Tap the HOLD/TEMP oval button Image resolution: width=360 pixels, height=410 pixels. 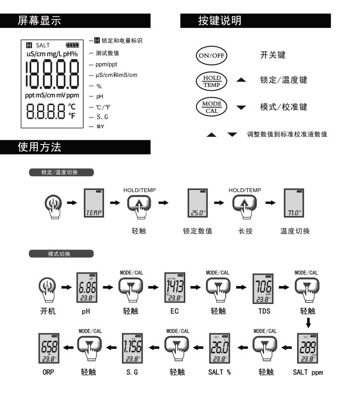[x=211, y=80]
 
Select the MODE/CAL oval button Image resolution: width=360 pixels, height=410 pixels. [x=211, y=106]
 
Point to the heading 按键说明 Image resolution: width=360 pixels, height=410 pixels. [x=220, y=21]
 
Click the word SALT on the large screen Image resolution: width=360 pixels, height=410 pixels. [x=43, y=45]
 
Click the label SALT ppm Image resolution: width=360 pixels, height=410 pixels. [x=308, y=372]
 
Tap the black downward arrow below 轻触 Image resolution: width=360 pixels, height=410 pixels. [x=308, y=322]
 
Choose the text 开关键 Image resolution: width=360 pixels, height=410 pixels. [x=273, y=55]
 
